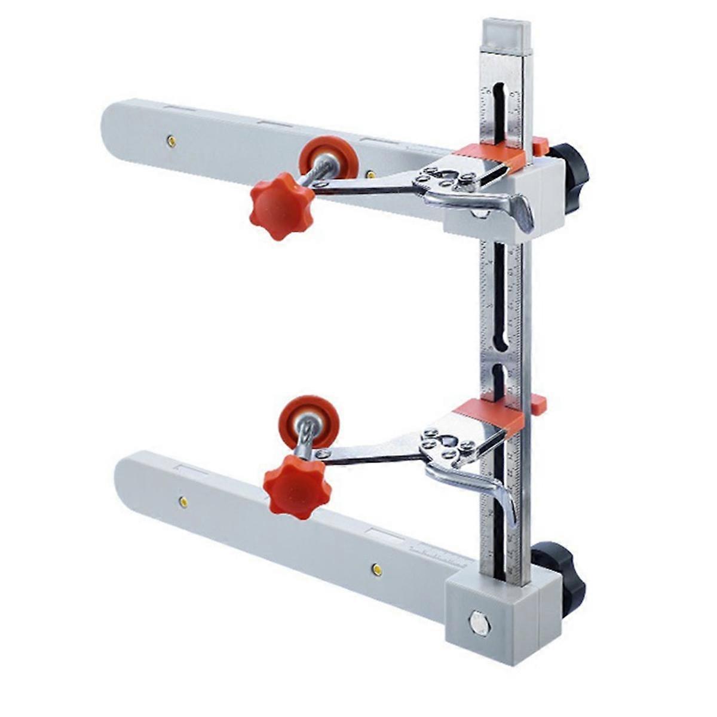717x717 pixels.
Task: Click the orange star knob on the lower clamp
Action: point(297,486)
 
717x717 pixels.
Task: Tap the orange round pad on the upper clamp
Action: point(329,158)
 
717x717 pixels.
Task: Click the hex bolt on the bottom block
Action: point(480,624)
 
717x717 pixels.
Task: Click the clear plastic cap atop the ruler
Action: point(506,36)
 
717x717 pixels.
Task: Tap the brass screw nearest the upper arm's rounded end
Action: point(171,141)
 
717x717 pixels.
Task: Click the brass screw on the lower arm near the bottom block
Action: point(376,568)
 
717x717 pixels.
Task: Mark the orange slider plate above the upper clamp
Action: point(490,155)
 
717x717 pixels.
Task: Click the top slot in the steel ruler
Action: point(499,108)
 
